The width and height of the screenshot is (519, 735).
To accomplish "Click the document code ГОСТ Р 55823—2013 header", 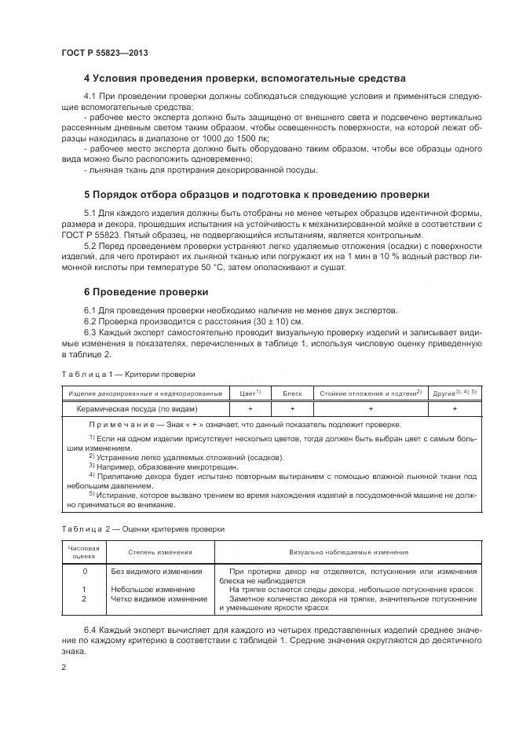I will [x=104, y=53].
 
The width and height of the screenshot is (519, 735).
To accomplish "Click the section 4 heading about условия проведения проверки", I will [x=244, y=79].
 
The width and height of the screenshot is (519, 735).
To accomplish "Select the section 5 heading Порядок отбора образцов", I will [x=256, y=194].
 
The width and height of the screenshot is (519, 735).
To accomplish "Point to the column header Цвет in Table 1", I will [x=250, y=393].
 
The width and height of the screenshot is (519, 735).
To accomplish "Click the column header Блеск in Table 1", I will [x=292, y=393].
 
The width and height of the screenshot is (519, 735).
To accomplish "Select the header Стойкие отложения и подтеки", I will [x=370, y=393].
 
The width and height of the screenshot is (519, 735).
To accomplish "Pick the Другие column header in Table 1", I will [x=455, y=393].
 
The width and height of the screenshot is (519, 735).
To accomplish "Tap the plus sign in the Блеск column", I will [x=292, y=408].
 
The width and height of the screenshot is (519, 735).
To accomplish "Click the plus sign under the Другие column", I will [x=455, y=408].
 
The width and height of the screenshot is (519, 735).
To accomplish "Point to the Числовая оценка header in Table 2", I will [x=84, y=552].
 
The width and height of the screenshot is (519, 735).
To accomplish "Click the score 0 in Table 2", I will [x=84, y=571].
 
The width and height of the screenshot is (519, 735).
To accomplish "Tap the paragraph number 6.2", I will [x=92, y=320].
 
